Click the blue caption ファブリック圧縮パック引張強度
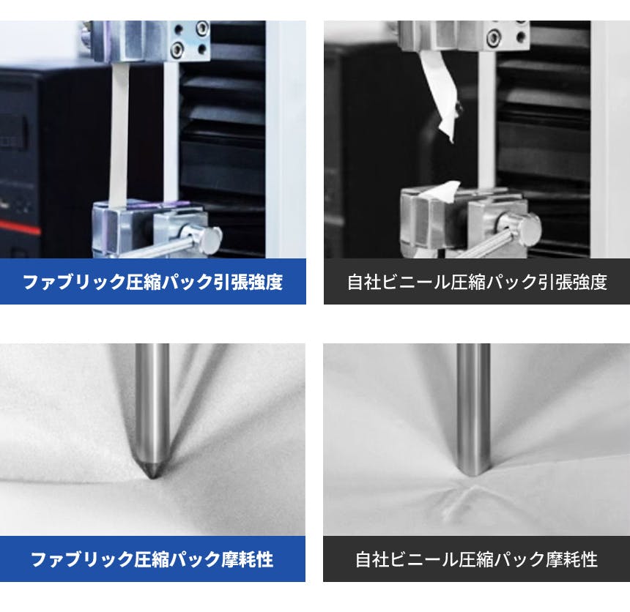(152, 282)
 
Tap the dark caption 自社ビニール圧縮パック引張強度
(477, 282)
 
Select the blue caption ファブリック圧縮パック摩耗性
(152, 559)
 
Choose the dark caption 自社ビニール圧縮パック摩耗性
(476, 559)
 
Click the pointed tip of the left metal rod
(152, 477)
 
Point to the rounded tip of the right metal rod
(473, 474)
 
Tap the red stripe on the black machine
(19, 227)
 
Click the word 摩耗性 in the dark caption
(572, 559)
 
